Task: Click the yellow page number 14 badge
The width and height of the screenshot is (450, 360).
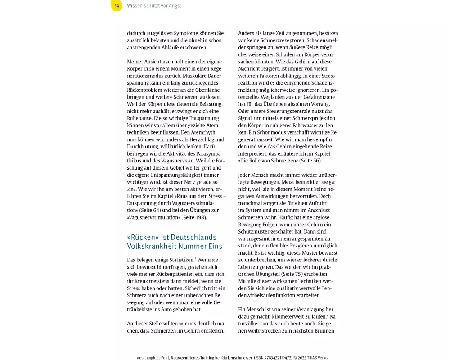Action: click(x=117, y=6)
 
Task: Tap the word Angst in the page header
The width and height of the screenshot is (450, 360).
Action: click(x=175, y=6)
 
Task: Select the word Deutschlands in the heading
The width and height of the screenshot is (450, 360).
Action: click(x=193, y=237)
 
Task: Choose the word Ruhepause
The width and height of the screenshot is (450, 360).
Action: click(x=140, y=118)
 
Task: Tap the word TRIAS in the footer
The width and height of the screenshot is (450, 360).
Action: click(x=310, y=358)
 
